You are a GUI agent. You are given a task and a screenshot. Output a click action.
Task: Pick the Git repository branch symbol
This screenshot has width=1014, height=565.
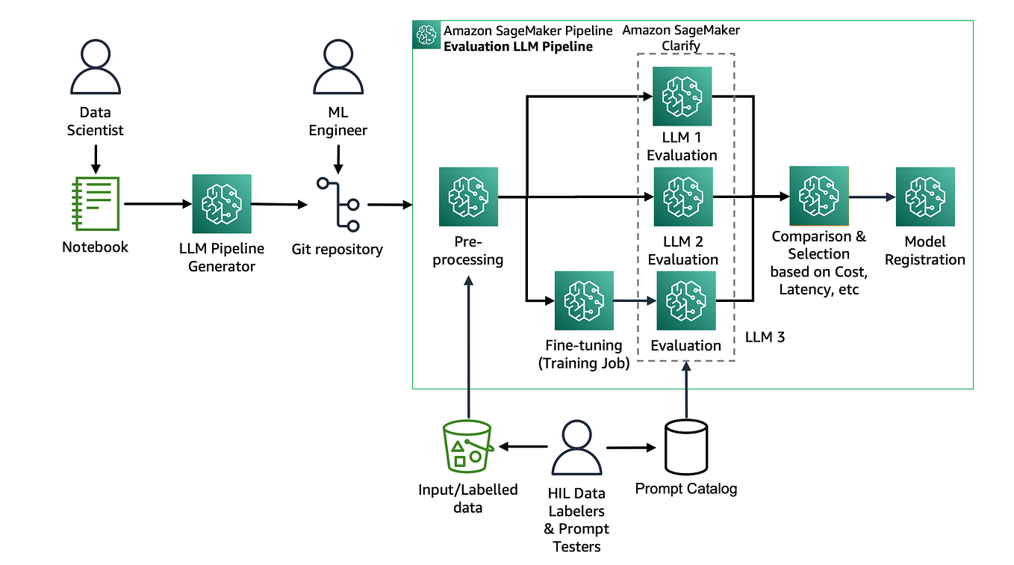coord(338,203)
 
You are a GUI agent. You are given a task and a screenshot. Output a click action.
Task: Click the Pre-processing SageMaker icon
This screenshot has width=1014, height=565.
coord(468,197)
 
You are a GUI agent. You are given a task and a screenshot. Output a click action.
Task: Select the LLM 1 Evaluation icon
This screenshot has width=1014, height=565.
coord(682,96)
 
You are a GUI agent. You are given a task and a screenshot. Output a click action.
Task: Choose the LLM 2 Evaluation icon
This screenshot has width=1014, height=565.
coord(683,197)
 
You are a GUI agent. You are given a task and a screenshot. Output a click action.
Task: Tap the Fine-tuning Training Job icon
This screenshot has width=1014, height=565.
coord(584,300)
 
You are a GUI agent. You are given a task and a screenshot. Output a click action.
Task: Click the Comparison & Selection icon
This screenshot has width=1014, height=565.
coord(819,196)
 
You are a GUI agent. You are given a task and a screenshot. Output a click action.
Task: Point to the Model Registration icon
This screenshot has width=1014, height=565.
coord(925,197)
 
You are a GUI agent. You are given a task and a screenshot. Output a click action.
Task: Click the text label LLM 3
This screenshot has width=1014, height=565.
coord(765,337)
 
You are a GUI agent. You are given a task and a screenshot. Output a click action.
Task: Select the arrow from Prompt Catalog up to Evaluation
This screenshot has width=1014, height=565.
coord(685,389)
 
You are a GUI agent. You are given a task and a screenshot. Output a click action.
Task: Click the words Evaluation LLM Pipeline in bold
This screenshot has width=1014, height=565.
coord(517,46)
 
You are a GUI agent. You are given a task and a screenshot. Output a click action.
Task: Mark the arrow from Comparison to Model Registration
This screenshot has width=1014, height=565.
coord(871,197)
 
